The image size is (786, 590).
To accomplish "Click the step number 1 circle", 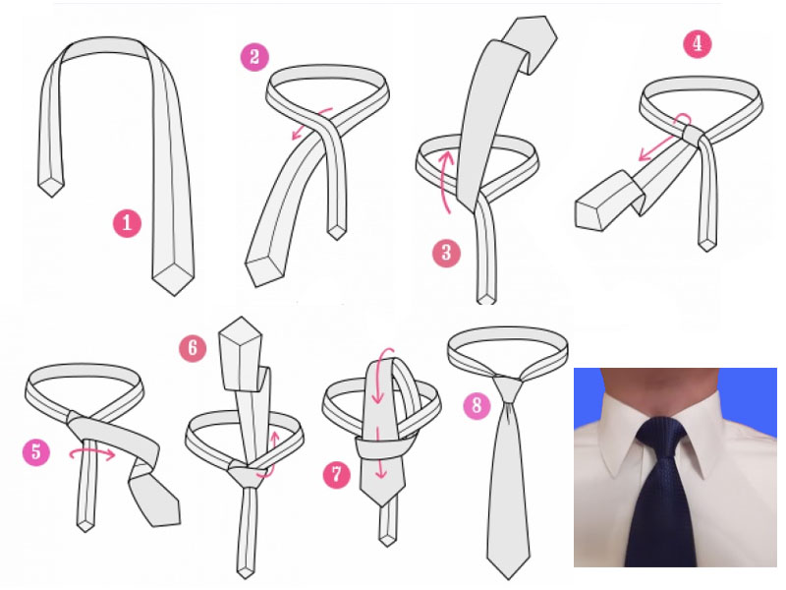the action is (x=127, y=223).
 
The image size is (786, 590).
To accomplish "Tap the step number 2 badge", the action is (x=254, y=57).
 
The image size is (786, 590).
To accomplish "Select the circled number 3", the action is (x=446, y=253).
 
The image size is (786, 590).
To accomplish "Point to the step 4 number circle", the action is (x=698, y=43).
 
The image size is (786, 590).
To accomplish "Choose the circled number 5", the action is (x=36, y=451).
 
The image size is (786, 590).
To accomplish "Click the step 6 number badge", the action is (x=193, y=348).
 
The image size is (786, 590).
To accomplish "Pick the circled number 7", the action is (x=336, y=474).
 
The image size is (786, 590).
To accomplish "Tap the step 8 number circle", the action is (x=477, y=404).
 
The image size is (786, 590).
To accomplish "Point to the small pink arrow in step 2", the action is (x=311, y=122).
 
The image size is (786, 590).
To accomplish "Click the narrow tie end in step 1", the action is (x=51, y=186).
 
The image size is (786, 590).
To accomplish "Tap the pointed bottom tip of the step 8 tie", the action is (x=510, y=577).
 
